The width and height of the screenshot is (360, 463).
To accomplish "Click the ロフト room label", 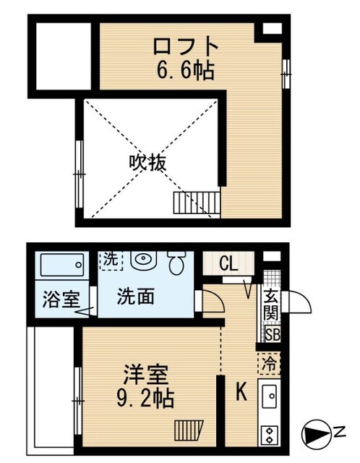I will pos(185,46).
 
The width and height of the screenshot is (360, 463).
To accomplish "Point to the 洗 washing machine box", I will pos(111,259).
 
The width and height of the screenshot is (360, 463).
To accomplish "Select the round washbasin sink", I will pos(144,259).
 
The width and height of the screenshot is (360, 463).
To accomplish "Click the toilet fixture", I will pos(176,263).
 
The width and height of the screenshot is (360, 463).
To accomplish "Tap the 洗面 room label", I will pos(135,297).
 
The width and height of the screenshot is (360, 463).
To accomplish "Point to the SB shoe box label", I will pos(273,334).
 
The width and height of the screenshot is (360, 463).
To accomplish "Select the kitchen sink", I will pos(270,396).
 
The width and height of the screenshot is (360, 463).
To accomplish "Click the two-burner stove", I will pos(270,435).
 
